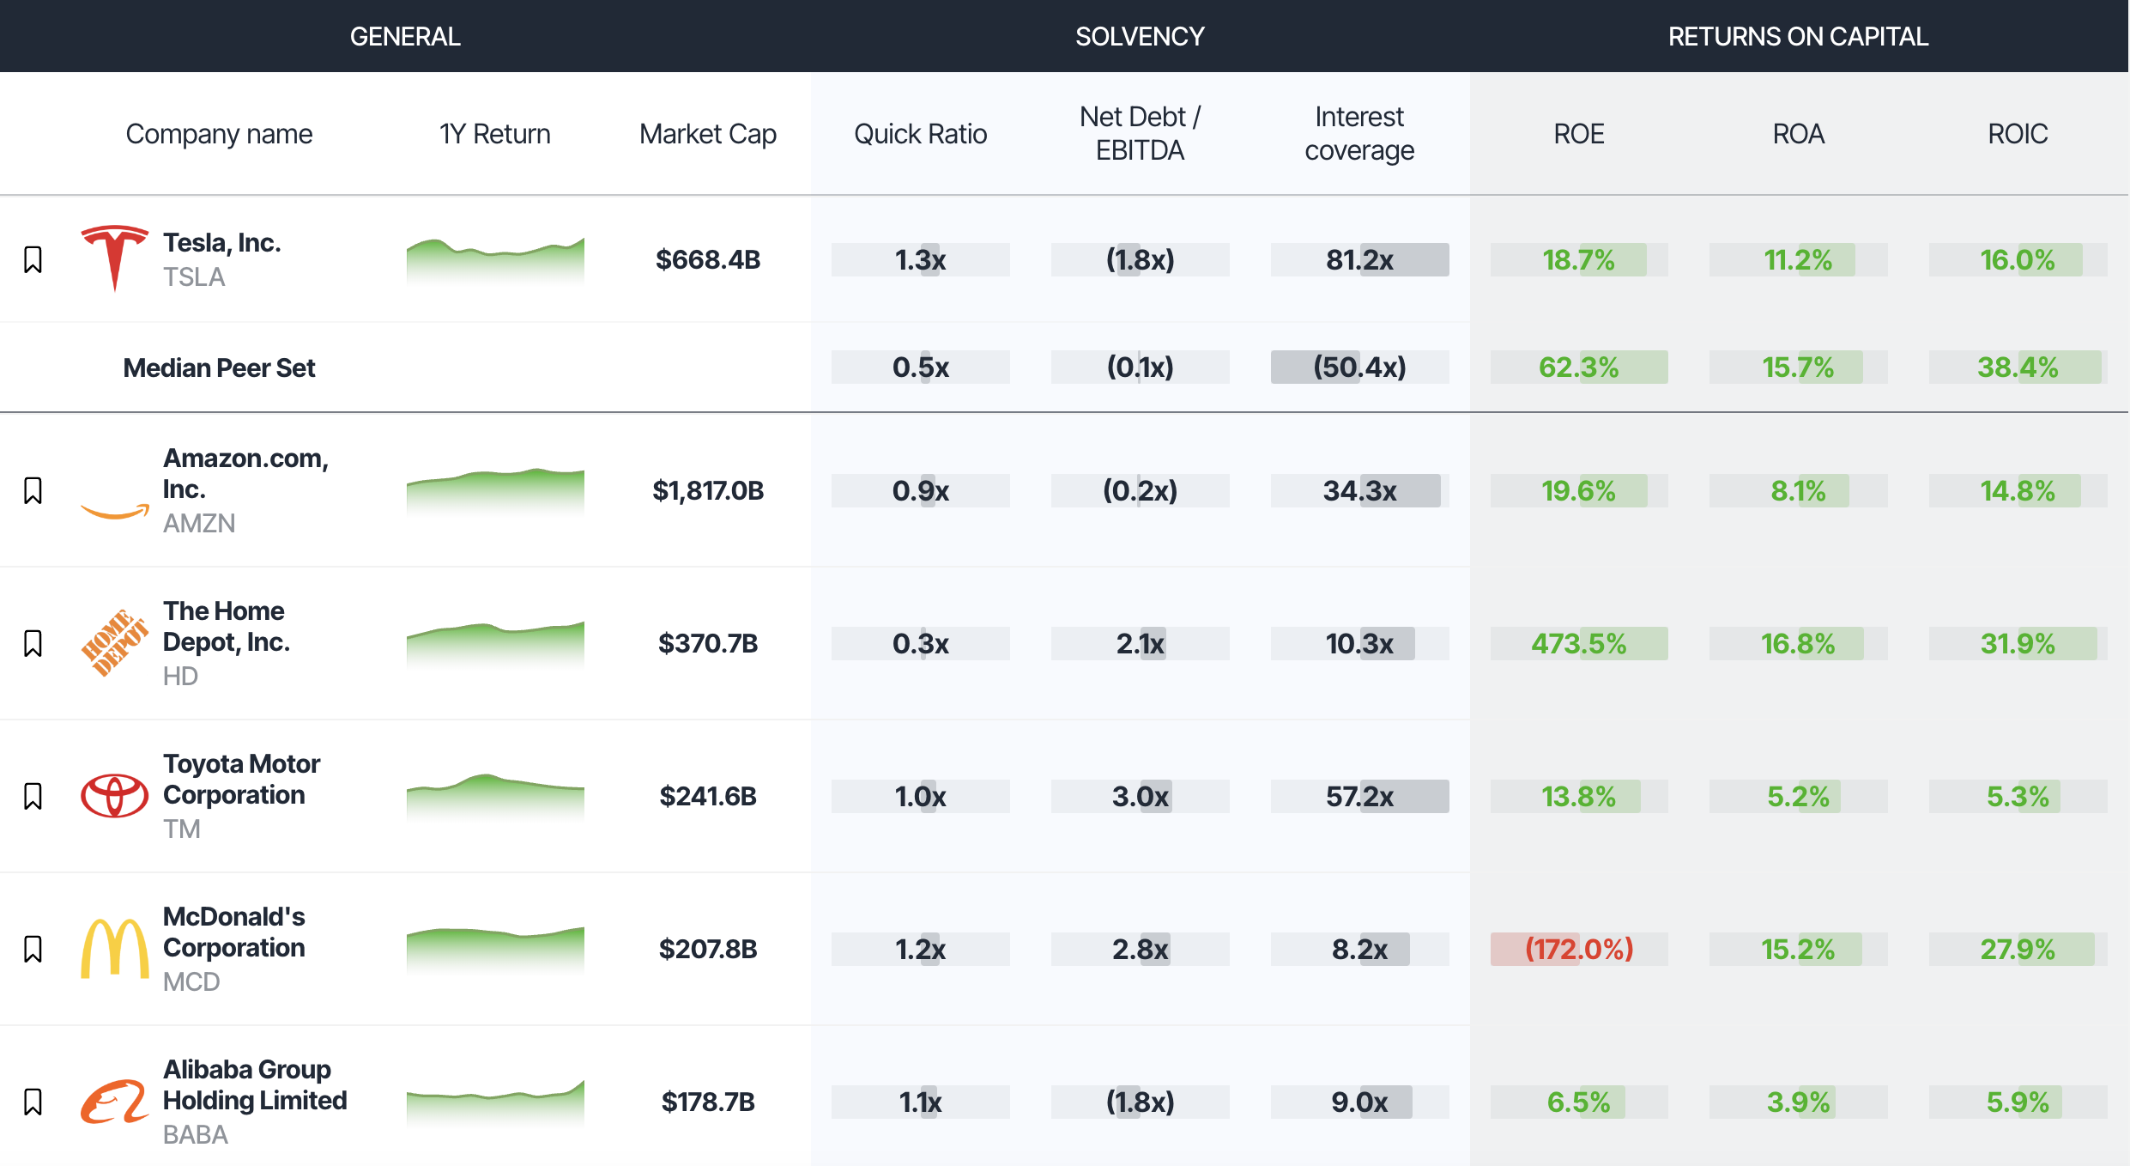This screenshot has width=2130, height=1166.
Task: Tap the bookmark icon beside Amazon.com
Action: click(x=33, y=490)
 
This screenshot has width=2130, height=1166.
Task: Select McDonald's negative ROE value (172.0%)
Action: click(x=1578, y=949)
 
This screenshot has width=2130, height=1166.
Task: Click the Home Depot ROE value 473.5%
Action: click(x=1578, y=643)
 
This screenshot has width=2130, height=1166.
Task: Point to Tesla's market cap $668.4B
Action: click(x=707, y=259)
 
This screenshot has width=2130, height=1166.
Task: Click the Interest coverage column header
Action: click(x=1359, y=133)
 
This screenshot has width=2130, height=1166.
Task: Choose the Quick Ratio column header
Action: click(x=920, y=134)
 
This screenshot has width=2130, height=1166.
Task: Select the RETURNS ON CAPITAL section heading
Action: click(x=1798, y=36)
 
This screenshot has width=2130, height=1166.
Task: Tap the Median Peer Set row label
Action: click(x=219, y=367)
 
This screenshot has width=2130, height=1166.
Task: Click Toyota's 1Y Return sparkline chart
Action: click(x=495, y=796)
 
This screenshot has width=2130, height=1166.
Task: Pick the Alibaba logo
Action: click(x=114, y=1102)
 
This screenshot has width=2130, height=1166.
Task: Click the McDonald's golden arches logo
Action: click(x=114, y=948)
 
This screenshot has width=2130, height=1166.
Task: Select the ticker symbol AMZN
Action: click(x=199, y=523)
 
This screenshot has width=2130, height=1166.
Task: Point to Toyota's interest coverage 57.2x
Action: click(x=1359, y=796)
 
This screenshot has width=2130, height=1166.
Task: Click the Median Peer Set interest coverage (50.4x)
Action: click(x=1359, y=367)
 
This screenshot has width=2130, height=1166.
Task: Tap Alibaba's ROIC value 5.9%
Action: click(x=2017, y=1102)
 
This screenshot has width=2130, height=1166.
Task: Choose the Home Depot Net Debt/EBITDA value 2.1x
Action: click(x=1140, y=643)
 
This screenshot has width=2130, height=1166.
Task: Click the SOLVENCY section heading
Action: click(x=1140, y=36)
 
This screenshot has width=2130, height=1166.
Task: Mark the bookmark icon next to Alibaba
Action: click(x=33, y=1102)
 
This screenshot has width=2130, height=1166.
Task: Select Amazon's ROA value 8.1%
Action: click(x=1798, y=490)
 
